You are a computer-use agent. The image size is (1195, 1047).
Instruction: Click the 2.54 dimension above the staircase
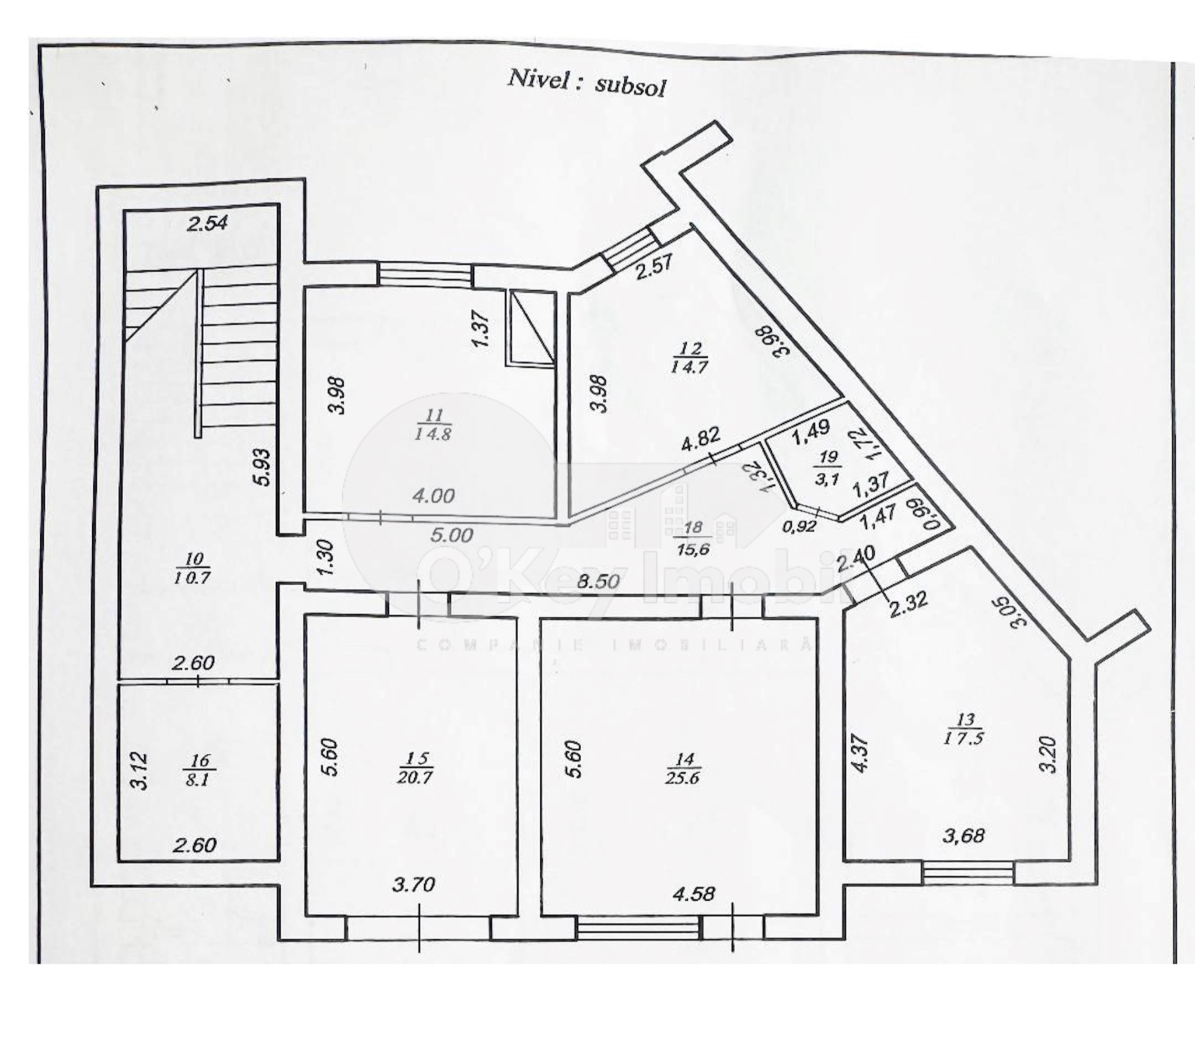click(207, 223)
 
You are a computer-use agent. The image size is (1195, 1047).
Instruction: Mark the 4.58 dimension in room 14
click(694, 894)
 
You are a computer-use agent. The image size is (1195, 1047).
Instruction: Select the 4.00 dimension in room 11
click(432, 496)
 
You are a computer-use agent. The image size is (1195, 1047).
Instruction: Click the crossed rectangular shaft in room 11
click(532, 328)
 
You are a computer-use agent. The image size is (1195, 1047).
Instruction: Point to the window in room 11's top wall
click(425, 275)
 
